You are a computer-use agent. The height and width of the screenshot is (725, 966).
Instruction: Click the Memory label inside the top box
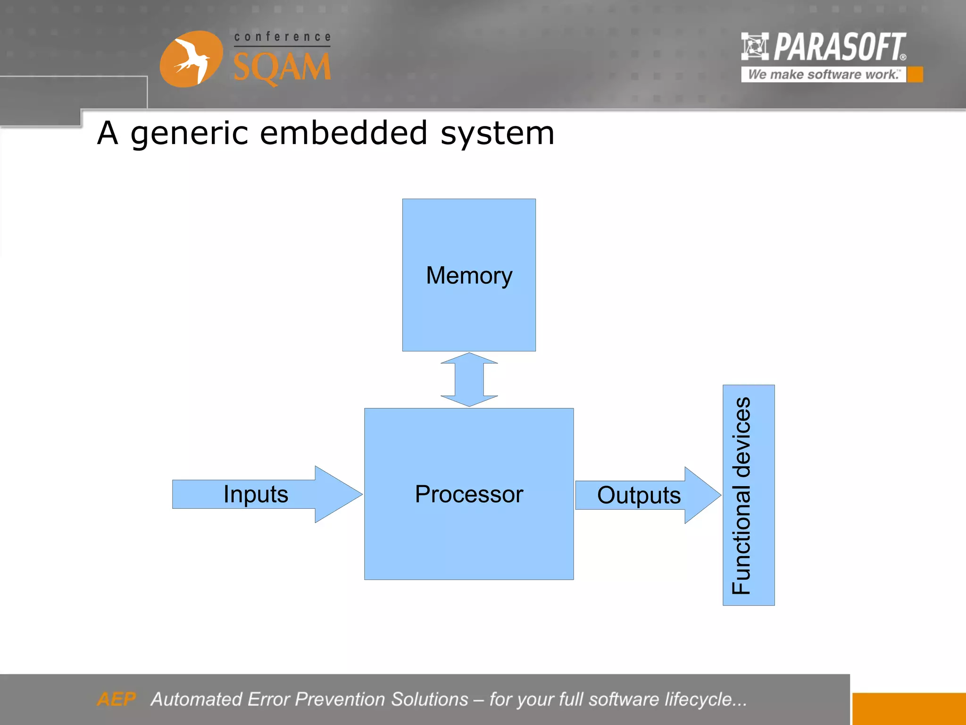point(468,275)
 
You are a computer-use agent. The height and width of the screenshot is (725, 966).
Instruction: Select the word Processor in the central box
point(469,494)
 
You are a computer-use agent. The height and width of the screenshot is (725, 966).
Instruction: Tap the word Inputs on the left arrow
point(256,494)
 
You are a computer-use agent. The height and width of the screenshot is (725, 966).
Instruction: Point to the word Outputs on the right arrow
point(639,495)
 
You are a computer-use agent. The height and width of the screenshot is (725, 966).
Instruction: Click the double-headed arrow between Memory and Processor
point(469,379)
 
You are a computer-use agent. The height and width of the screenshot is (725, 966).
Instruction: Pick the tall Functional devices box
point(749,495)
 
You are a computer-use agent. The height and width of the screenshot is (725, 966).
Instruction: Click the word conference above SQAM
point(282,37)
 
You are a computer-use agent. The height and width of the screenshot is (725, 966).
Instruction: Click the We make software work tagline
point(823,75)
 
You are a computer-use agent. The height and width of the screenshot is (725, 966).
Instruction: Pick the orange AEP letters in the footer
point(116,699)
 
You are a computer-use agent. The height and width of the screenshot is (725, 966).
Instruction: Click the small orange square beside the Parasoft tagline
point(915,75)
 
